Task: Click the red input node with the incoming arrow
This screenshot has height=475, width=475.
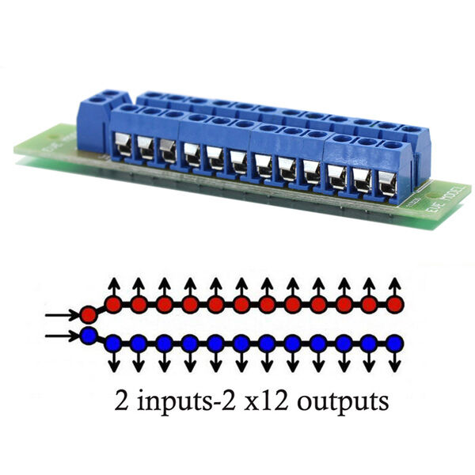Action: tap(88, 316)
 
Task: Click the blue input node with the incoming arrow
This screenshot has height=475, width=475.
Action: tap(88, 336)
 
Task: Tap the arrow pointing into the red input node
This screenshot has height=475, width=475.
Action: tap(61, 316)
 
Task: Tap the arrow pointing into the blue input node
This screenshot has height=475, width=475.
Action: tap(61, 336)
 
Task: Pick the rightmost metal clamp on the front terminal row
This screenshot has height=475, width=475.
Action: tap(386, 181)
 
